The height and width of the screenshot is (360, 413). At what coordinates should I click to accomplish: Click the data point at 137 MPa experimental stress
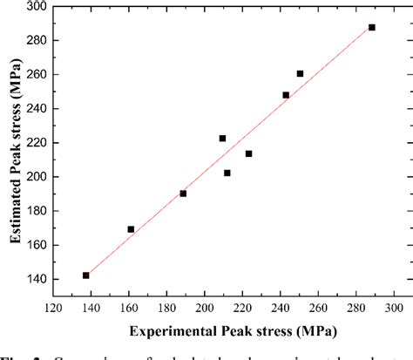click(85, 275)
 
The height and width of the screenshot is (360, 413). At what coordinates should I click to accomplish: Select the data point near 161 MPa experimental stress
click(131, 229)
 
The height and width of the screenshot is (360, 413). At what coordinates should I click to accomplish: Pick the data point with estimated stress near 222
click(222, 139)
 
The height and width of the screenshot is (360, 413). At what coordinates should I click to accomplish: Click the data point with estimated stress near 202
click(227, 173)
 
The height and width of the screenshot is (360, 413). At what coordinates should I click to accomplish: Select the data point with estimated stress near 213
click(248, 153)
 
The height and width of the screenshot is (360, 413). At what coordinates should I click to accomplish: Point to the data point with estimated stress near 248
click(286, 95)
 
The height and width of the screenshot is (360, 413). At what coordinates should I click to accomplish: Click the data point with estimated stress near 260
click(300, 74)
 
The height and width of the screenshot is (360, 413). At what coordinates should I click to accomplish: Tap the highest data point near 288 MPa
click(372, 27)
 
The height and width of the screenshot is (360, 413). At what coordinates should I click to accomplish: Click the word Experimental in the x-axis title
click(173, 332)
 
